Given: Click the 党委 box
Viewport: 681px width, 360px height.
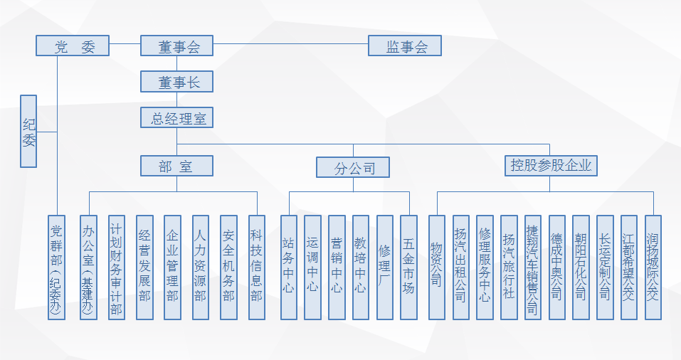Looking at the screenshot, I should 73,46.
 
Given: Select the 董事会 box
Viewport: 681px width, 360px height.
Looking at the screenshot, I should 177,46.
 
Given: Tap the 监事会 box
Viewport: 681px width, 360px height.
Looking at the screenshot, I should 405,46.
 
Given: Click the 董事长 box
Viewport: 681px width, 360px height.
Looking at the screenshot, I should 177,82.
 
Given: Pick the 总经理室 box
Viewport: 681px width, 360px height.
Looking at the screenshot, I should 177,117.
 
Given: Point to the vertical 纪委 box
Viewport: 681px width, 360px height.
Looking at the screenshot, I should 28,131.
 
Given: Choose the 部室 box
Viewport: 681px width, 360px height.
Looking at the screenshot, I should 177,166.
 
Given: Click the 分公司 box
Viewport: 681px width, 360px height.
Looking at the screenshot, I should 354,168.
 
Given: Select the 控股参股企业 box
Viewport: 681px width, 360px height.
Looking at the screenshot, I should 551,166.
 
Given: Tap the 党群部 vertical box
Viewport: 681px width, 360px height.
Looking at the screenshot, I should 57,268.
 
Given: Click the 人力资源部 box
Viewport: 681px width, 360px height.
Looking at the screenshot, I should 201,268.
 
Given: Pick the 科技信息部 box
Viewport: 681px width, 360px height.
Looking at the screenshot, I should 257,268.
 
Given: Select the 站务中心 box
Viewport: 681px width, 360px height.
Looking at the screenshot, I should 288,268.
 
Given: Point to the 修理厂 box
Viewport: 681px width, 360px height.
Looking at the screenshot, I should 385,268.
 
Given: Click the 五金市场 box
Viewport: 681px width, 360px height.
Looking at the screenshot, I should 409,268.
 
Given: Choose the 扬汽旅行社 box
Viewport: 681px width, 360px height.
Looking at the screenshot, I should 509,268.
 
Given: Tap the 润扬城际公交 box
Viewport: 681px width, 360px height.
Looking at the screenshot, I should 653,268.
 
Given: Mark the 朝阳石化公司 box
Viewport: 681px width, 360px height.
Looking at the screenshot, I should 581,268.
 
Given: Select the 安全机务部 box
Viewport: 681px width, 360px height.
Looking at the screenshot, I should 228,268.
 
